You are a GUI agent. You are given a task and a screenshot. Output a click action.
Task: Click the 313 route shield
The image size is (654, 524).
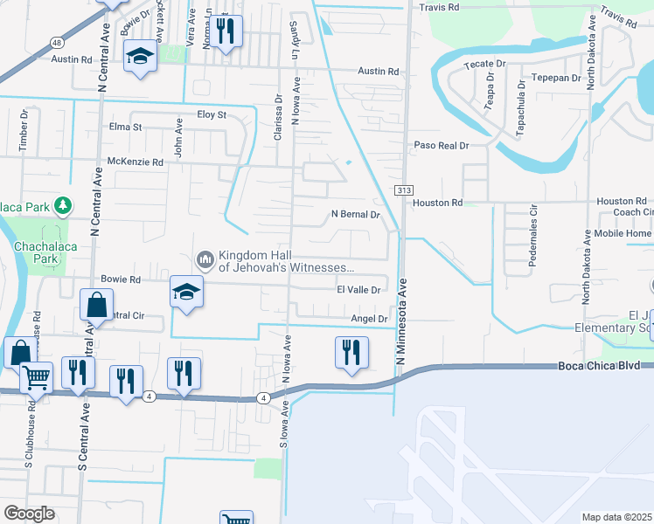403,190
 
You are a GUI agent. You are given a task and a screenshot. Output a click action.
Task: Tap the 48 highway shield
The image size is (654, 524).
56,42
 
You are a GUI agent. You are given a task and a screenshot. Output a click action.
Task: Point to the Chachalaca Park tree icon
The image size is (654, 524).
62,206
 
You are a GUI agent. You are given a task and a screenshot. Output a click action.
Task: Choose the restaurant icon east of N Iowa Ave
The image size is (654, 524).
351,353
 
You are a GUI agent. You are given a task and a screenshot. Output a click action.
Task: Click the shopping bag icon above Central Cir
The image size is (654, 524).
96,307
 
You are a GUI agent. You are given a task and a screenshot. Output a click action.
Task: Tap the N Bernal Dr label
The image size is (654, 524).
356,214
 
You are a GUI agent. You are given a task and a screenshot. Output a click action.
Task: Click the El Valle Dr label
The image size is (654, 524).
359,290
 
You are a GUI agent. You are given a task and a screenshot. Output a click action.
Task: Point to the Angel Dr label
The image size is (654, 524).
369,319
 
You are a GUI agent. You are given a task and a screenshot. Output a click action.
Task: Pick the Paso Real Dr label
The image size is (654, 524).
442,146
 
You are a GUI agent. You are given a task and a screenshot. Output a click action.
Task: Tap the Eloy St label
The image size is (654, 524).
212,114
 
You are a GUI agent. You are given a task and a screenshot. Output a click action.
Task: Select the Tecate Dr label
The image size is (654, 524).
490,64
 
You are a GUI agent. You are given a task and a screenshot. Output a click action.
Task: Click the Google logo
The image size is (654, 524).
30,513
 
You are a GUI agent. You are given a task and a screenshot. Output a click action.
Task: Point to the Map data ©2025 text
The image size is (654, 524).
617,517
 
